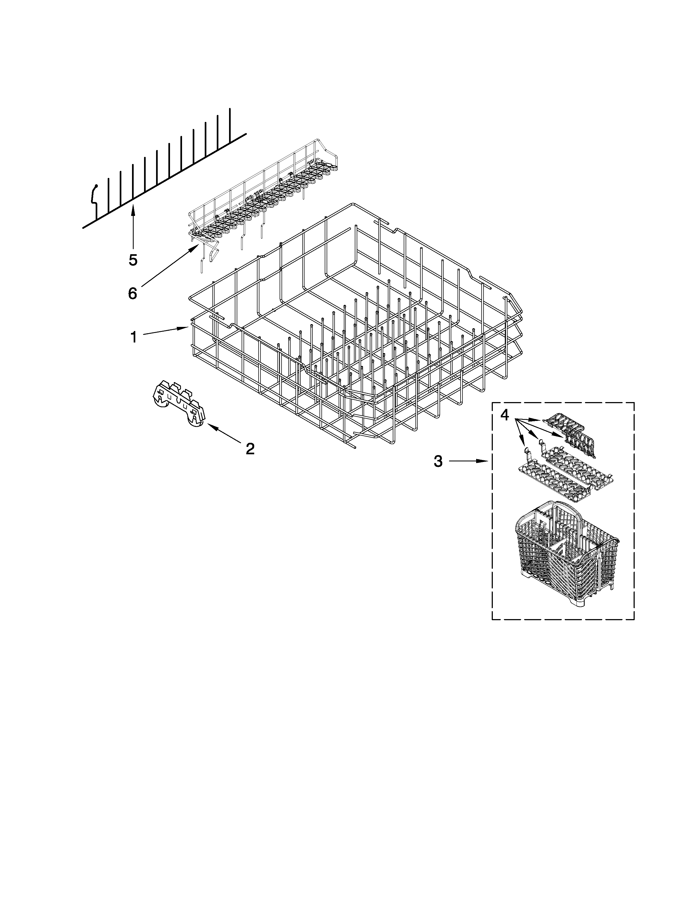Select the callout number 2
pos(250,449)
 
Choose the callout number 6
pos(132,294)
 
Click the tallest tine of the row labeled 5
pos(230,124)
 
